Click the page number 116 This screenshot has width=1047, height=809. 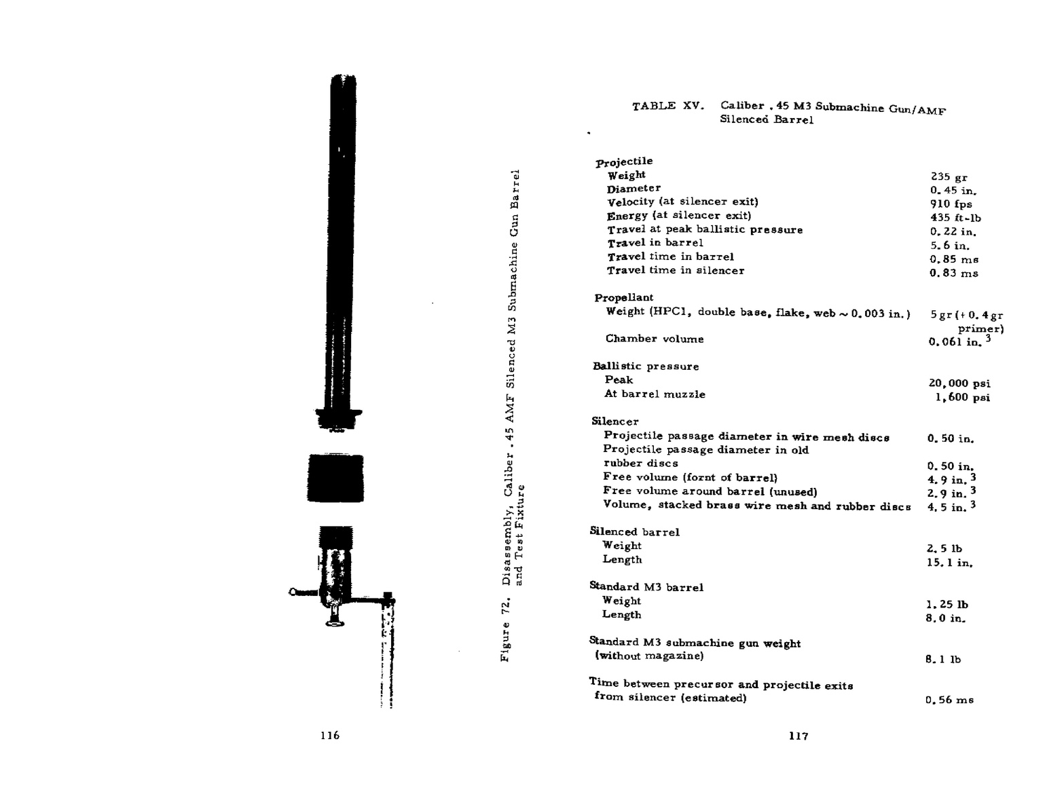[330, 735]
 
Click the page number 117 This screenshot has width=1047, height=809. [798, 736]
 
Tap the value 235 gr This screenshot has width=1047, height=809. [949, 176]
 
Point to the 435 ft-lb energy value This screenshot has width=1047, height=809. [955, 218]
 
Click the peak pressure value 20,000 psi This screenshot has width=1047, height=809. [959, 383]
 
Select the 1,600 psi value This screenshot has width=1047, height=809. [962, 397]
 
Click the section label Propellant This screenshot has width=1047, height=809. [623, 297]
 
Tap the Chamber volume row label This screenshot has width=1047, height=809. [655, 339]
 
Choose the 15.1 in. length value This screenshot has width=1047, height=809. [949, 563]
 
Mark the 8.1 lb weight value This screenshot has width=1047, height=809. [942, 659]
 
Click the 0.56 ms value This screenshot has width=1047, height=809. [949, 700]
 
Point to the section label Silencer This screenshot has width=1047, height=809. [614, 421]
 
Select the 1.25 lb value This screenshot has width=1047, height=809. [947, 604]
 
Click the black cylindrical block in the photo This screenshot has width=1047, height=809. [335, 478]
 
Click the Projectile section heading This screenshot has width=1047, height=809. [624, 162]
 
